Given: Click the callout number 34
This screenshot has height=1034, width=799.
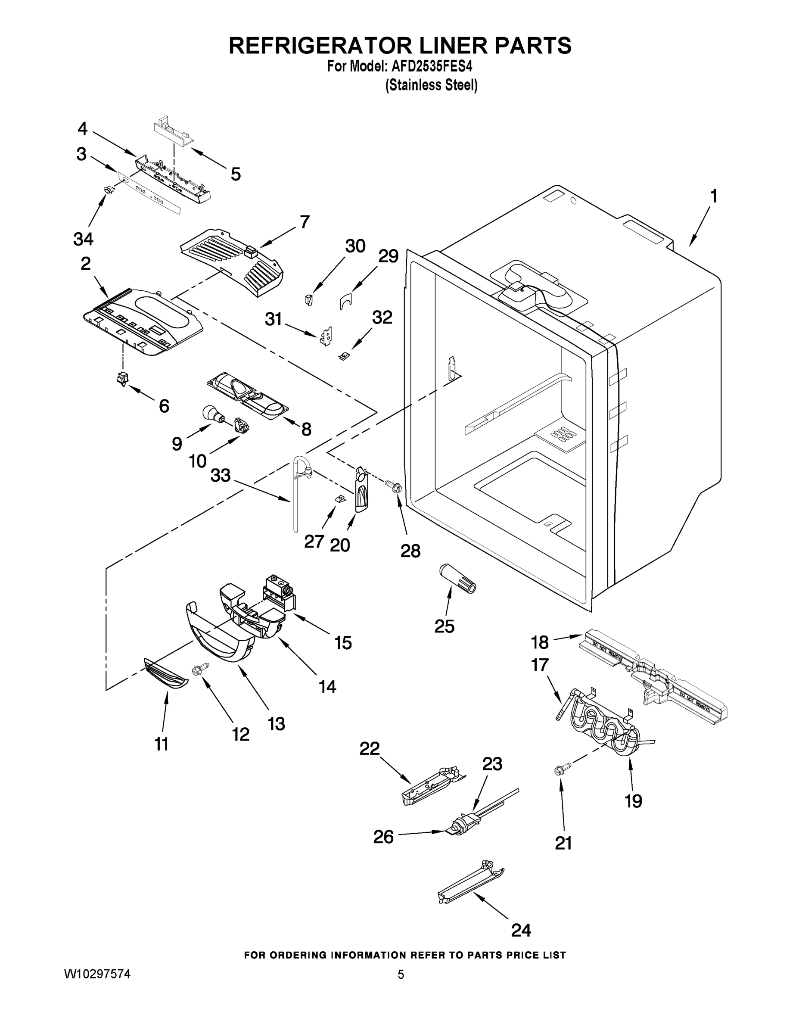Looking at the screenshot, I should tap(83, 239).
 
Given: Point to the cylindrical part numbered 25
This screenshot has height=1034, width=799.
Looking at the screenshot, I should tap(458, 579).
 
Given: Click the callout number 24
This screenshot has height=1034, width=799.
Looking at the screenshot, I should tap(521, 930).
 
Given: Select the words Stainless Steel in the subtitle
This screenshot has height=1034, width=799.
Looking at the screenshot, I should tap(431, 85).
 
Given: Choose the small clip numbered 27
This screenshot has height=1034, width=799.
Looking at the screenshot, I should tap(339, 498).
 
